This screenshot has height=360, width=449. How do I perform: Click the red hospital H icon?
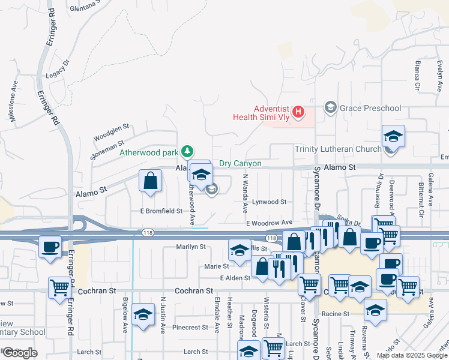(298, 111)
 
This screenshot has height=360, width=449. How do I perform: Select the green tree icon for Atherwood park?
(188, 151)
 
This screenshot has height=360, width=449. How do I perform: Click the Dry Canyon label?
(240, 163)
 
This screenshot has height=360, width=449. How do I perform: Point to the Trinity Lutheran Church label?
(338, 149)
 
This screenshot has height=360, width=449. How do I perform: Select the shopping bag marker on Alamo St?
(149, 180)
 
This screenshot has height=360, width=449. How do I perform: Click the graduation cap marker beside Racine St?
(375, 310)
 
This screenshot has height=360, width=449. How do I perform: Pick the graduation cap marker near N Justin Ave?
(143, 314)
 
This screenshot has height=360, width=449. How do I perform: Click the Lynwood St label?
(268, 202)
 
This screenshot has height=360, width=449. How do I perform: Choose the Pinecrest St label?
(189, 328)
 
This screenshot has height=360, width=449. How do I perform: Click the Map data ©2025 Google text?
(411, 355)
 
